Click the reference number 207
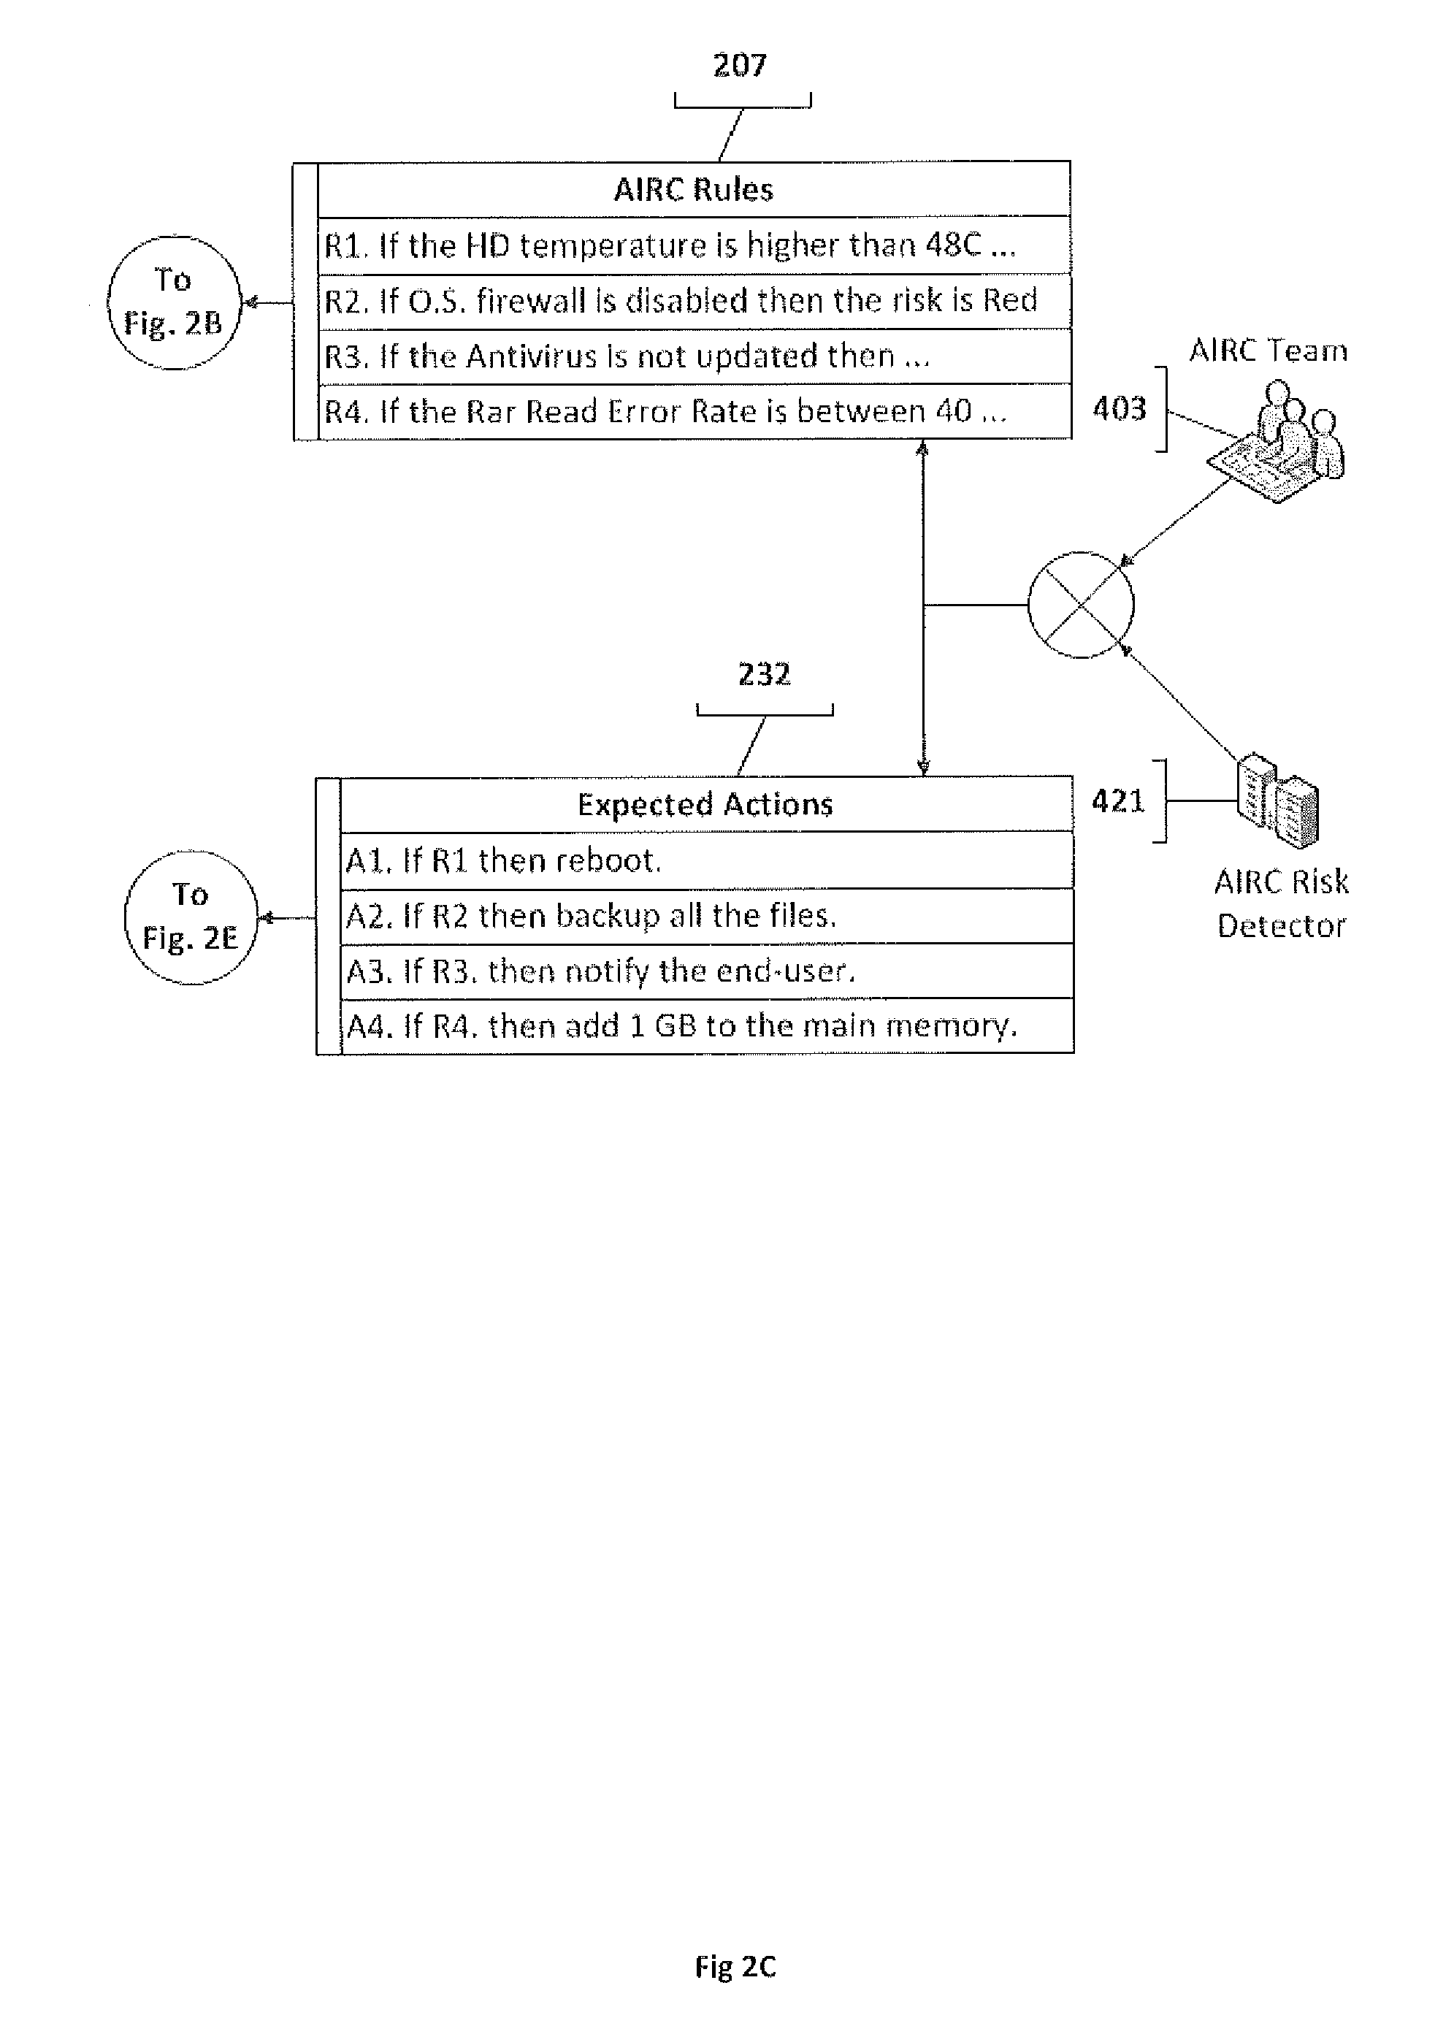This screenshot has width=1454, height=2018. point(740,65)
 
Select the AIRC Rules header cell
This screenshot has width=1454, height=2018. point(693,189)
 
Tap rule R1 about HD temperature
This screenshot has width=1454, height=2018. point(669,245)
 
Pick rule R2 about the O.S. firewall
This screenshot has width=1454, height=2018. point(681,301)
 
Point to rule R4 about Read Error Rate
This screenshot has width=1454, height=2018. point(665,412)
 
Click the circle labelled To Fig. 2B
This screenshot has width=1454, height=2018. point(174,302)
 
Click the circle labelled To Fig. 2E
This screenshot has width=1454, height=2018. point(191,917)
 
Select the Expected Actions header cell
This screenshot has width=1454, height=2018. point(705,804)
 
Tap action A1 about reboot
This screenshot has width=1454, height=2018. point(502,860)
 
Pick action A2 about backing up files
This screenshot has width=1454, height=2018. point(591,916)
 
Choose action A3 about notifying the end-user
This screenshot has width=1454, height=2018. point(600,971)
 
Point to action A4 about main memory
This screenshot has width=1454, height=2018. point(681,1026)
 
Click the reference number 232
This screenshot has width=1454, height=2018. point(763,674)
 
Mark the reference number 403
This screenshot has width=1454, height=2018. point(1119,409)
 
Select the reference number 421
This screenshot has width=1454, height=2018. point(1117,800)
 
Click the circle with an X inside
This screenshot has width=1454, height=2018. point(1081,605)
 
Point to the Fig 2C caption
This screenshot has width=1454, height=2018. point(735,1966)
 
